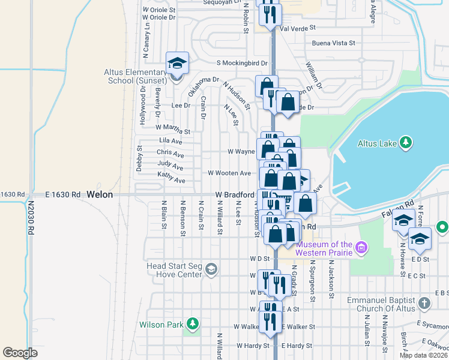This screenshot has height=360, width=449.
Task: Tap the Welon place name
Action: tap(99, 194)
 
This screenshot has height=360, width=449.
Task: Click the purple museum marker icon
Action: tap(361, 247)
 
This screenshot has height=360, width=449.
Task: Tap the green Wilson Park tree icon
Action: tap(193, 324)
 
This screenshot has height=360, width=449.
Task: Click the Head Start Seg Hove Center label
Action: tap(174, 270)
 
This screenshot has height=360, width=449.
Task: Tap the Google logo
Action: tap(20, 353)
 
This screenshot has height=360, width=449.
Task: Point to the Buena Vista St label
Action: tap(334, 43)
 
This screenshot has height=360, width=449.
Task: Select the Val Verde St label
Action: tap(298, 28)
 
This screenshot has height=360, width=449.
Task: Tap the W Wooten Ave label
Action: tap(229, 173)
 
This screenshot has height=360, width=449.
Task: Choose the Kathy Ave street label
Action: tap(171, 180)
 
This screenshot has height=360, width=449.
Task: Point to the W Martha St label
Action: tap(172, 129)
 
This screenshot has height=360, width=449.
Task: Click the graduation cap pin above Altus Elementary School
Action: tap(178, 63)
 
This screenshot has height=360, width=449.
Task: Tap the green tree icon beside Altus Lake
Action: tap(406, 142)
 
